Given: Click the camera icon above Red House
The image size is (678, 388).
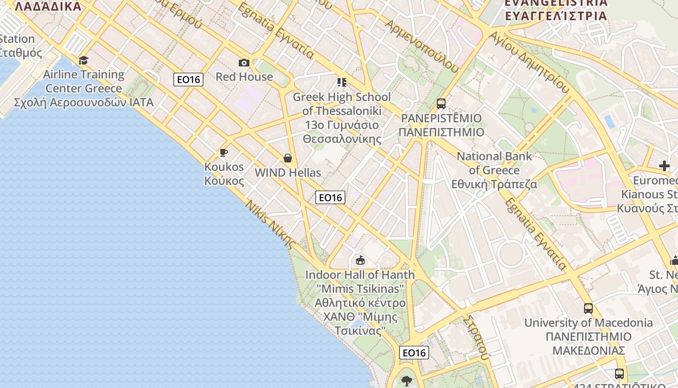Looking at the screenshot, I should point(244,63).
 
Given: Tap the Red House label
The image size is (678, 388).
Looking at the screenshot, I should point(244,77).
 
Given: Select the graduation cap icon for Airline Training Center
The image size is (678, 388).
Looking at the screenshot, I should point(84,60).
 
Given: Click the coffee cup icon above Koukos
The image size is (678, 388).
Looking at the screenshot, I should point(223,153).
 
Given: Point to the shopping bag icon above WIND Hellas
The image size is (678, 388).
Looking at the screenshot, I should point(288,158).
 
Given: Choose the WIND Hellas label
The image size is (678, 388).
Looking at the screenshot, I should point(288,173).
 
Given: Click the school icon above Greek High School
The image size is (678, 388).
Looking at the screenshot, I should point(342,82).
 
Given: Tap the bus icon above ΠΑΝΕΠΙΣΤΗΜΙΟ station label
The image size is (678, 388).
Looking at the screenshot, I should point(441,103).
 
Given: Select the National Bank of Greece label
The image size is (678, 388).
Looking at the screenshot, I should point(494,170).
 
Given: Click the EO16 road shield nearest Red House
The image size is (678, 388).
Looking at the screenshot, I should point(188,80).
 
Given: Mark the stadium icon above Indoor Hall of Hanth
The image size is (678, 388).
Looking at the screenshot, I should point(360,260).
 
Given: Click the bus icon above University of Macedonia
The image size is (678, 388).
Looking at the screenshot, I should point(588,308).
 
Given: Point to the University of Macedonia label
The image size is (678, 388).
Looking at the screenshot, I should point(588,336).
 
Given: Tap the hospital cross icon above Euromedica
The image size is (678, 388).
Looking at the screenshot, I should point(664,166).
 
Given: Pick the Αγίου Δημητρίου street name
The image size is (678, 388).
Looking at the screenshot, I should point(529,62).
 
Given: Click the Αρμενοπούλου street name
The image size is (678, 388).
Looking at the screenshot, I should point(421,46).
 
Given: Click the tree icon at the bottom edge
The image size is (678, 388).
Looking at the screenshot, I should point(406,381).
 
